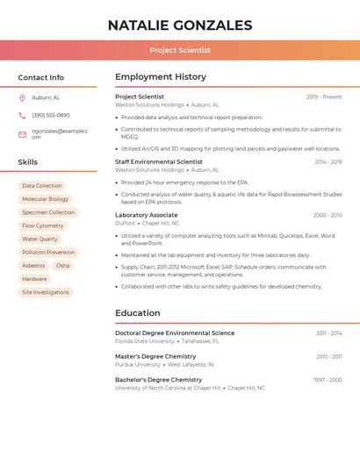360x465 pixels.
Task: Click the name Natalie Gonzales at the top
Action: pos(179,25)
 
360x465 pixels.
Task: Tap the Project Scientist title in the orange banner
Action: pos(179,50)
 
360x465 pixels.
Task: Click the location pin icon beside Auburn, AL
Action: pos(22,97)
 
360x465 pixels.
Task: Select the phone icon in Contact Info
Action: pos(22,115)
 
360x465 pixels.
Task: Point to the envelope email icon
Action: pos(22,134)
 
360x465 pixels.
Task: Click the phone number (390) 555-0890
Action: pos(51,115)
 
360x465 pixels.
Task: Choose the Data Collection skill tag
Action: pos(42,186)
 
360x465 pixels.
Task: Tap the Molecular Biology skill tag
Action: pos(45,199)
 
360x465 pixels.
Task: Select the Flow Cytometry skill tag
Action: pos(42,225)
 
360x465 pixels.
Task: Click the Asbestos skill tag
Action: pos(33,265)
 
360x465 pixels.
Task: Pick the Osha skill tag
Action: pos(62,265)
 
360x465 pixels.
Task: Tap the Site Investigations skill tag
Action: pos(46,292)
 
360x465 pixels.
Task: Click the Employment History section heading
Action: pos(161,77)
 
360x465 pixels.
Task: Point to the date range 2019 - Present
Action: pos(324,97)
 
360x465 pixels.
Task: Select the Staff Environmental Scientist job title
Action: pos(159,161)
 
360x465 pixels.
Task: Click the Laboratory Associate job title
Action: pos(147,215)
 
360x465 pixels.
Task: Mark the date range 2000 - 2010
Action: pos(328,215)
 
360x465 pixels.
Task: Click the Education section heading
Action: pos(138,313)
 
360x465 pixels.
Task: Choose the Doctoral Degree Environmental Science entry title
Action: pos(175,333)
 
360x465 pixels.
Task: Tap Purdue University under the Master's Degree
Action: pos(138,364)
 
